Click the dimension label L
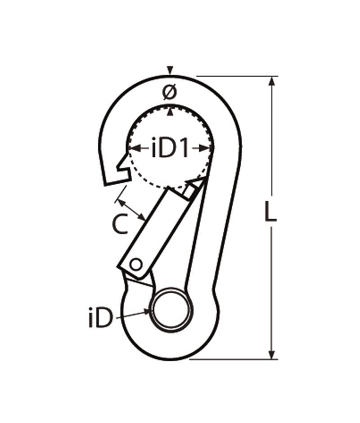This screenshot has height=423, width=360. click(270, 213)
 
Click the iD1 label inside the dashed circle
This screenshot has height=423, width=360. click(170, 149)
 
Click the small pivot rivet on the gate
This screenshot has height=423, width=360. click(135, 264)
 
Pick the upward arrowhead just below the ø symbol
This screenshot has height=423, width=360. click(169, 110)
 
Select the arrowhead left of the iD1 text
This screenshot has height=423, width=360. click(131, 147)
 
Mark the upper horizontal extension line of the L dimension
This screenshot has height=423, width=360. click(234, 76)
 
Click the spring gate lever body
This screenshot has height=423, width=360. click(153, 230)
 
